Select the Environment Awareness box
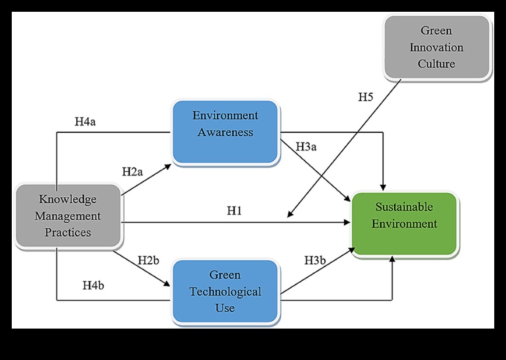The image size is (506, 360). click(x=225, y=132)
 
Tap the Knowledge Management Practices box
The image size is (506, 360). click(x=68, y=216)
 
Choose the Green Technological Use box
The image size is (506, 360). click(x=225, y=291)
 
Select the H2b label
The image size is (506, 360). click(x=148, y=260)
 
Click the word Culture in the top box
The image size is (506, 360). click(x=436, y=63)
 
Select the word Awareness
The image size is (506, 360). click(x=225, y=132)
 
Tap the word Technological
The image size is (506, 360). click(x=225, y=291)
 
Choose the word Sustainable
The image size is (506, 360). click(x=405, y=207)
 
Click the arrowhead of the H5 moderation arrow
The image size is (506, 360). click(x=289, y=217)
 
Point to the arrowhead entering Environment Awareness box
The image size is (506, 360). click(x=169, y=165)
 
